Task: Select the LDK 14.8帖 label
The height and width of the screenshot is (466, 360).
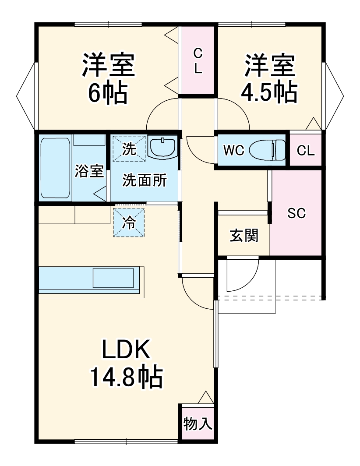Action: tap(127, 364)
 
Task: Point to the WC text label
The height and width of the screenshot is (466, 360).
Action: tap(233, 150)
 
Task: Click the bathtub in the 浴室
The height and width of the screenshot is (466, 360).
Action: tap(55, 168)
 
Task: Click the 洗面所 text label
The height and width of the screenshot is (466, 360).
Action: tap(144, 180)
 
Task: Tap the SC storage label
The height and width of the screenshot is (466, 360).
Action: tap(296, 213)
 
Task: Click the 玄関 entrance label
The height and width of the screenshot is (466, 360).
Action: tap(244, 236)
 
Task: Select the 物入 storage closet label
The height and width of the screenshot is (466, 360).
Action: tap(198, 424)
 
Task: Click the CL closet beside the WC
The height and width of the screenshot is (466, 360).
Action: tap(305, 150)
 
